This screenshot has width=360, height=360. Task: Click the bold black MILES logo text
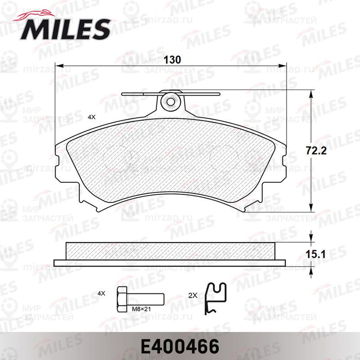coord(65,29)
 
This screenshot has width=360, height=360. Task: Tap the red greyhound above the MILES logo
coord(35,15)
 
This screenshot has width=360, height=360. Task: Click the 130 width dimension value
coord(172,60)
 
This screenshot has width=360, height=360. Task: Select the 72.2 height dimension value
coord(316,151)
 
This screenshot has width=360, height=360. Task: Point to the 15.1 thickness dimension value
coord(315,254)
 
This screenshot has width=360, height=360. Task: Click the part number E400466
coord(180,346)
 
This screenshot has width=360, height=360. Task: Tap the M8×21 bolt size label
coord(141,309)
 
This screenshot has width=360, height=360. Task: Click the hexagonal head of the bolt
coord(122,299)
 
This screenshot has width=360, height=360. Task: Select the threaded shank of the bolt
coord(145,300)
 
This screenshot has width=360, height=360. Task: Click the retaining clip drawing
coord(215,298)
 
